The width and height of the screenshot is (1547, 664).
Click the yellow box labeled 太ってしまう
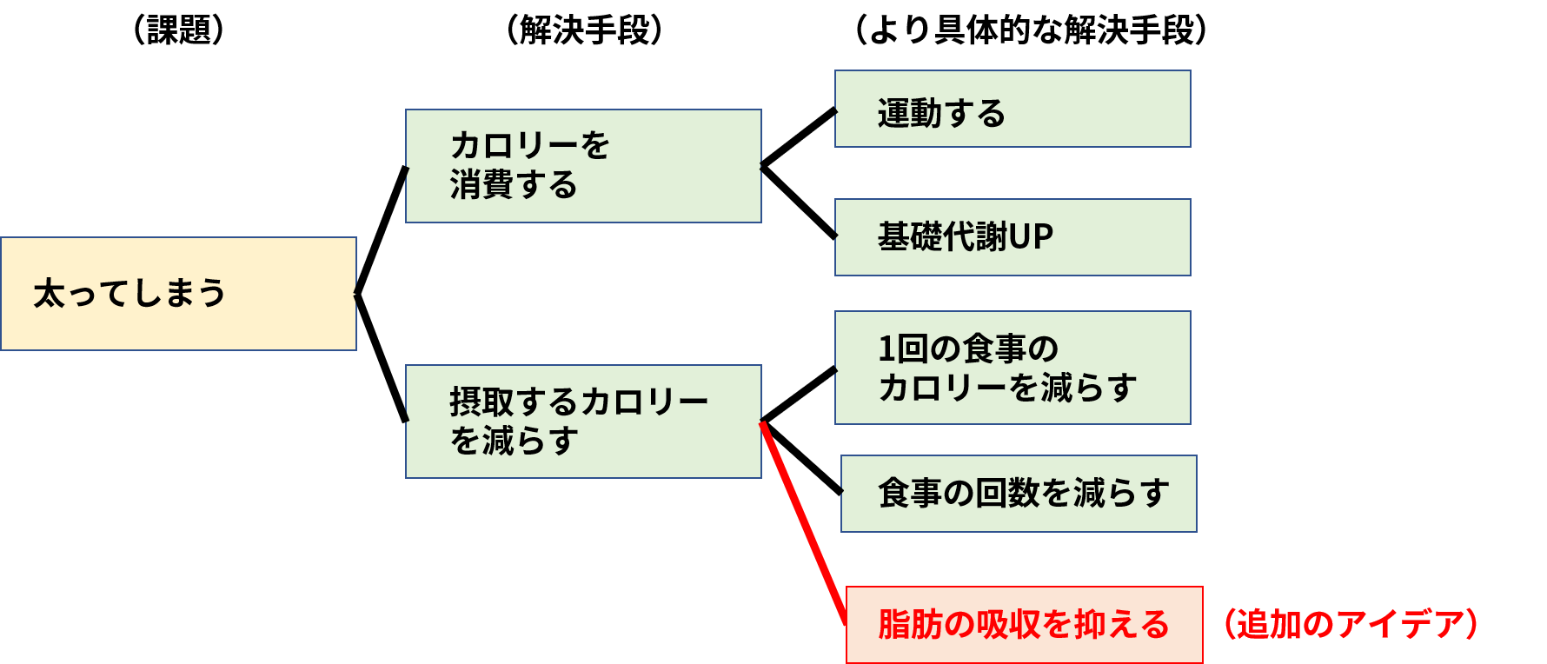[x=178, y=294]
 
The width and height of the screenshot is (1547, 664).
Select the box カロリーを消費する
[x=583, y=166]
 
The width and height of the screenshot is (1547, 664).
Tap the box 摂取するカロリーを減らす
[x=583, y=422]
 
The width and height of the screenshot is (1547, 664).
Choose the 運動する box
[x=1013, y=109]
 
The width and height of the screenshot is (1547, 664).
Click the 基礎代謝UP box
[x=1013, y=237]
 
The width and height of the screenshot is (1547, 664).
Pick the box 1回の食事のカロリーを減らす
[x=1013, y=368]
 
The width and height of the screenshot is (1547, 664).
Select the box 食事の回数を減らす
[x=1019, y=494]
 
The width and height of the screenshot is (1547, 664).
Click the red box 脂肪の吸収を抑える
[x=1025, y=625]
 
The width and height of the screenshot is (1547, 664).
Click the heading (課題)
[x=179, y=30]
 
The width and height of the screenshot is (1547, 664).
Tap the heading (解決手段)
[x=584, y=30]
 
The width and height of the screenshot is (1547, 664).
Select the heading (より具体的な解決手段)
[x=1031, y=30]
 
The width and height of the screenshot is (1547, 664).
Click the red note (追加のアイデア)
[x=1351, y=624]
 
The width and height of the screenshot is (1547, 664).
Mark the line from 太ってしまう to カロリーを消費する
[x=382, y=229]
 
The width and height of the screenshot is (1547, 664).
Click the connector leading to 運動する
[x=799, y=137]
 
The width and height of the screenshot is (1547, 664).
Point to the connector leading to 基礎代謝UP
[x=799, y=202]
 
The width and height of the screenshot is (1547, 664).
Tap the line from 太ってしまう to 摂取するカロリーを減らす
[x=382, y=358]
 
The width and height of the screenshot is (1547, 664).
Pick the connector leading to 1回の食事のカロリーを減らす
[x=799, y=395]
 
